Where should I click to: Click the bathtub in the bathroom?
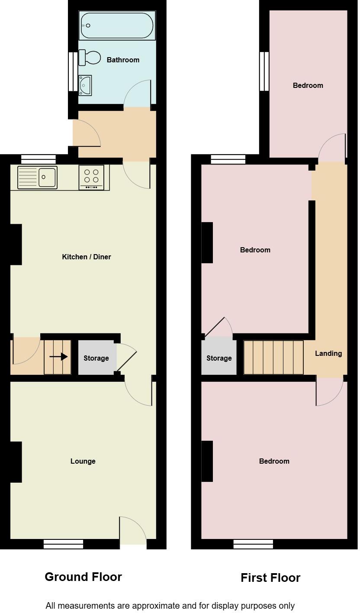click(117, 26)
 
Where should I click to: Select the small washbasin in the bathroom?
click(85, 85)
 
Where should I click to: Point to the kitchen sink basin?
click(48, 177)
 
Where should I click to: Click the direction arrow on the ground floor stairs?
click(58, 357)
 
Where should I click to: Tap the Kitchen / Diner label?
click(87, 257)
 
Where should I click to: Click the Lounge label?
click(83, 461)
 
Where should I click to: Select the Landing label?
click(328, 353)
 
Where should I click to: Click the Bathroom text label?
click(123, 60)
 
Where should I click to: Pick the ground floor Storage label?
click(96, 358)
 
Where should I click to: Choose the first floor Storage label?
click(219, 358)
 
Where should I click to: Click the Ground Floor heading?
click(83, 577)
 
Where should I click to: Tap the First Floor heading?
click(270, 578)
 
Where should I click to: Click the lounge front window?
click(64, 544)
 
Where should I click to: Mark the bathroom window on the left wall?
click(73, 71)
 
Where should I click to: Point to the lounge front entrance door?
click(133, 532)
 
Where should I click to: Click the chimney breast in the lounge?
click(16, 462)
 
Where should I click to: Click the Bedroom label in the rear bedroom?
click(308, 85)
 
